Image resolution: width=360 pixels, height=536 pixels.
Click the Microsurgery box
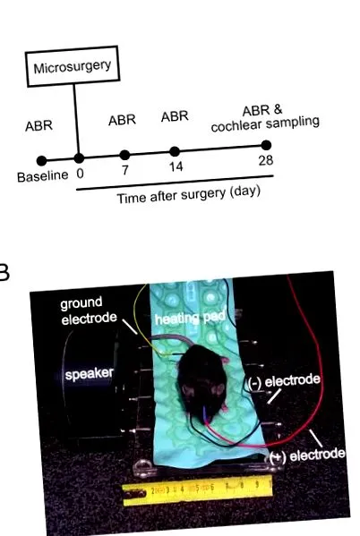click(73, 66)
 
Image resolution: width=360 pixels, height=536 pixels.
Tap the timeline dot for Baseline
click(41, 161)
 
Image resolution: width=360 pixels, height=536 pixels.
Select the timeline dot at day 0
click(79, 157)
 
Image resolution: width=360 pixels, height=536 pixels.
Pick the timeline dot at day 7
click(124, 155)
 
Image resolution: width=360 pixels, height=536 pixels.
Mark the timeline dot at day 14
click(175, 151)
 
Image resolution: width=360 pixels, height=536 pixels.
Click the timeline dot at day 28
click(266, 145)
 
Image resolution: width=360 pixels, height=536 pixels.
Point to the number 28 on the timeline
click(266, 160)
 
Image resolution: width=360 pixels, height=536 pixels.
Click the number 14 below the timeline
click(176, 167)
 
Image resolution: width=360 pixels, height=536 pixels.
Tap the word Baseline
click(43, 176)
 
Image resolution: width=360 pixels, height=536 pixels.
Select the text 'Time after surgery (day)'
click(189, 194)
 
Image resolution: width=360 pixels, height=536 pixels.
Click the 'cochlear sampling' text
click(265, 124)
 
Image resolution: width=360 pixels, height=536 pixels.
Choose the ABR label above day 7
click(122, 120)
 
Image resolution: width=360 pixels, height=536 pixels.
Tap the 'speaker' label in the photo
click(89, 373)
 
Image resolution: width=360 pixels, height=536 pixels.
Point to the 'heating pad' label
click(190, 318)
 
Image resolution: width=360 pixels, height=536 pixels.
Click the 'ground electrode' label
click(89, 311)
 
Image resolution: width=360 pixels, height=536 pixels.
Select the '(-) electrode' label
click(284, 381)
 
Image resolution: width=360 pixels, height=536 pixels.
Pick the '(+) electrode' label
click(307, 455)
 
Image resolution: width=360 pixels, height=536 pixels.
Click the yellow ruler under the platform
click(197, 490)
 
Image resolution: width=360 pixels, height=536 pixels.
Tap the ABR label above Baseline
click(39, 126)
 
